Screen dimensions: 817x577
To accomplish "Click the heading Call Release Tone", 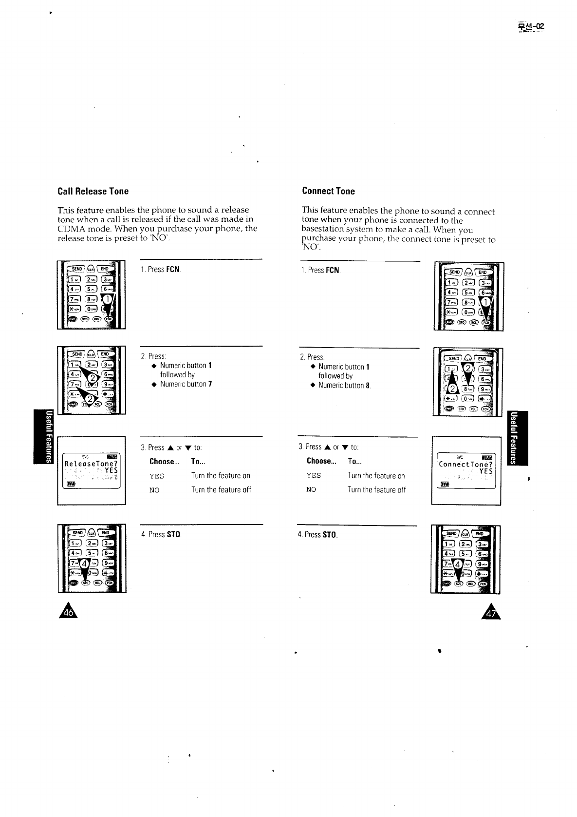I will tap(93, 191).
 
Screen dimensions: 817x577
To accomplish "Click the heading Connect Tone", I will tap(328, 191).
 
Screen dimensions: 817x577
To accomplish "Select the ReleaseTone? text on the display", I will tap(92, 464).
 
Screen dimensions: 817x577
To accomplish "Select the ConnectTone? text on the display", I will tap(466, 464).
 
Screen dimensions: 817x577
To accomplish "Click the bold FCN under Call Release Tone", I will tap(173, 269).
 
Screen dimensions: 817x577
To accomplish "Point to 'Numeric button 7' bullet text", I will tap(186, 384).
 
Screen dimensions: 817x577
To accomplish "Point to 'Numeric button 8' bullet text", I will tap(344, 386).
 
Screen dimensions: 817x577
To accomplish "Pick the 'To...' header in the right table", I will tap(354, 461).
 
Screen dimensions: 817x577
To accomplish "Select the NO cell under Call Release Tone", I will tap(154, 490).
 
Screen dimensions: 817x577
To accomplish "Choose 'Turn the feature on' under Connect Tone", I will tap(376, 476).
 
